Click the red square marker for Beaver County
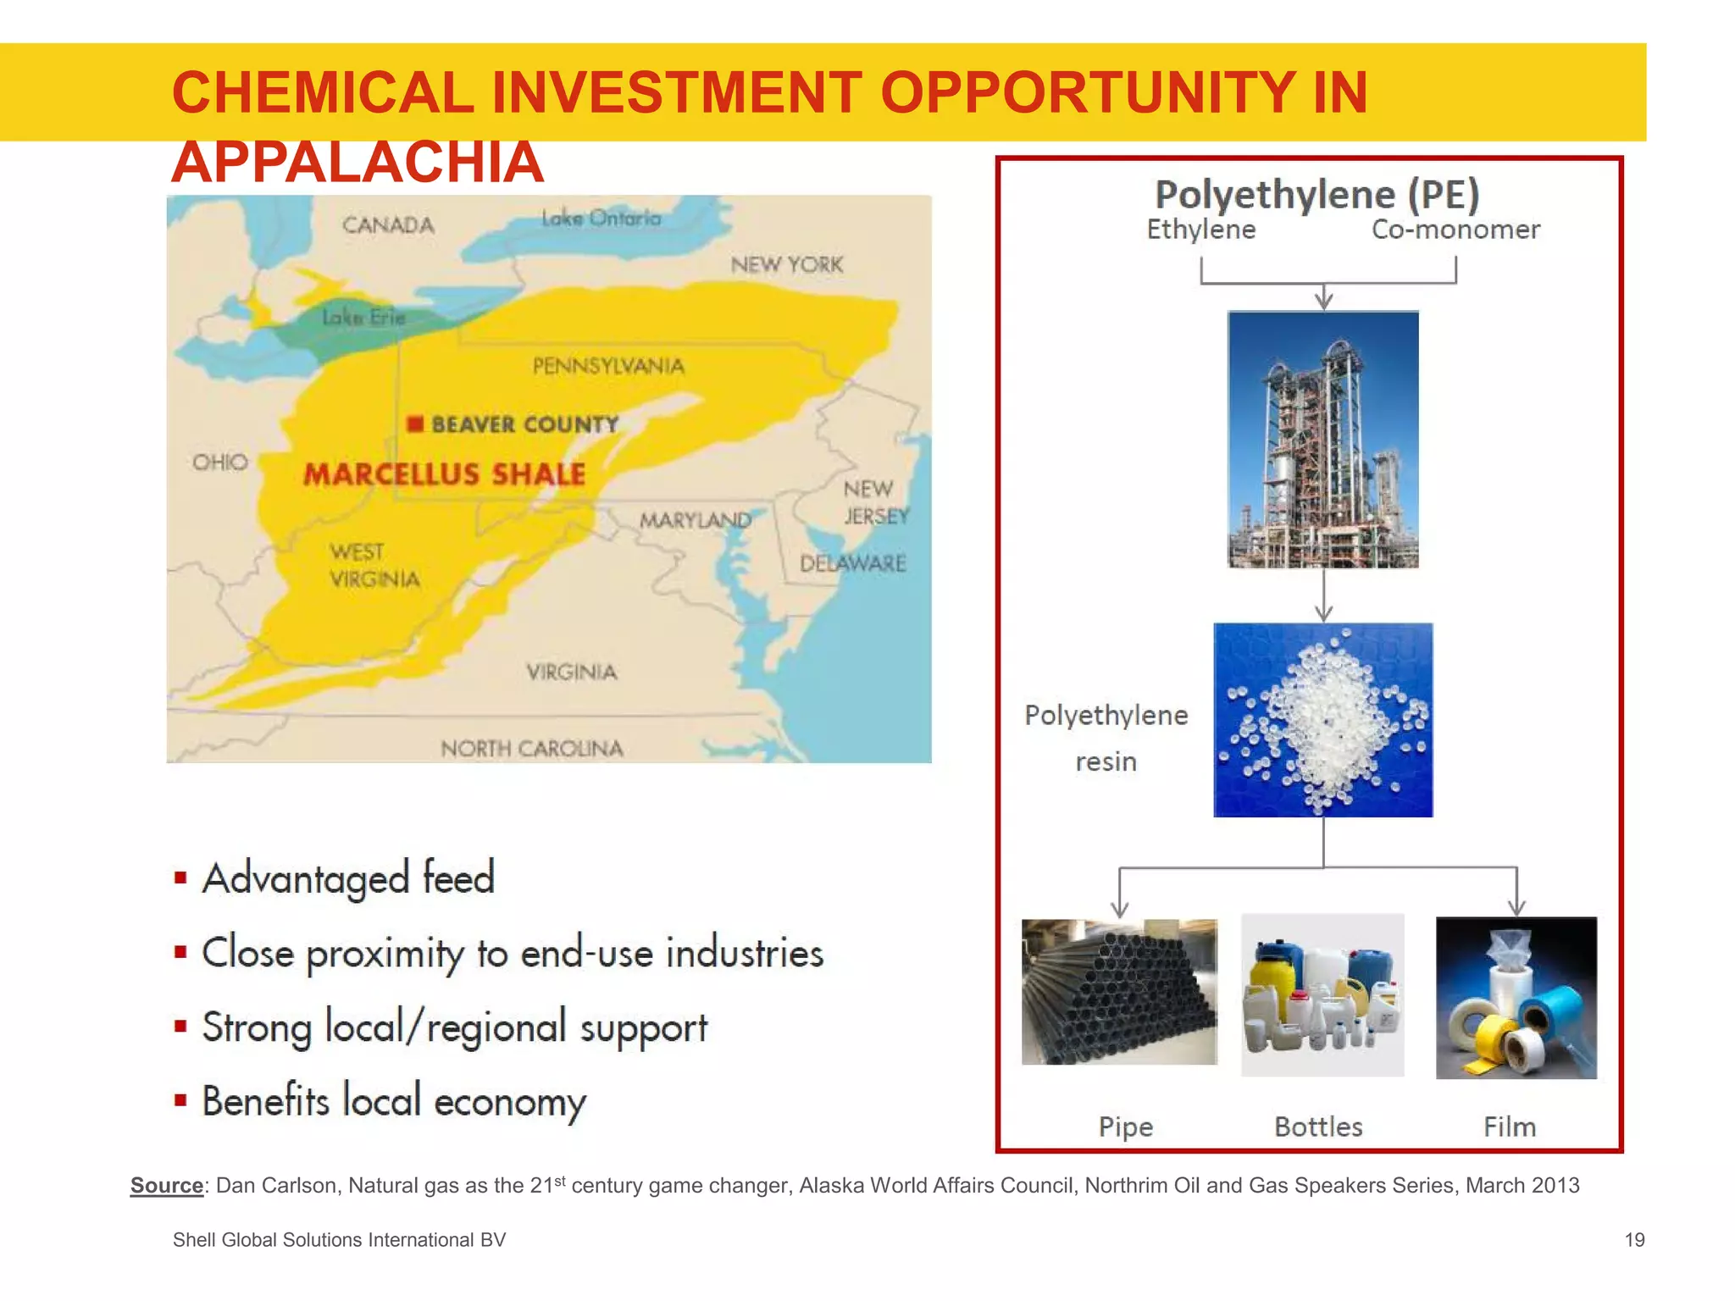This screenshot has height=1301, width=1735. (414, 424)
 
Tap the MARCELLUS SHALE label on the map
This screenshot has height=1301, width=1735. (444, 474)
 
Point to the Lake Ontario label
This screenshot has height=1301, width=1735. (601, 219)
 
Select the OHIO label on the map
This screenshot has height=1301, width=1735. (220, 462)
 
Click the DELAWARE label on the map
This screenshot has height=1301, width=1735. (852, 563)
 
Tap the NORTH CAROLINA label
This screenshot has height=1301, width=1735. (532, 749)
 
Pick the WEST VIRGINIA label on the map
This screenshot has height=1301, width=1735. (374, 566)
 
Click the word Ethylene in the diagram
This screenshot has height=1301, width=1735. (1200, 230)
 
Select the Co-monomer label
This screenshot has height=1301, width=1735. (1455, 230)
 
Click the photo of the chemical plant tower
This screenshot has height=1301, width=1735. (1322, 439)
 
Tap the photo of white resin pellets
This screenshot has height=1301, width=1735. (1322, 720)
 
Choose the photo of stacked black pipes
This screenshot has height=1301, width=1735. (1118, 992)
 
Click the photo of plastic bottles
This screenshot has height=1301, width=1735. (1322, 995)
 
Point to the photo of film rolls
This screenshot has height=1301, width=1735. (1516, 998)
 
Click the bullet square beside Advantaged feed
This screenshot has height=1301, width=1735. (180, 877)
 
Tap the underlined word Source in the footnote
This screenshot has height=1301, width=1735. (167, 1186)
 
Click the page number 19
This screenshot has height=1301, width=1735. (1634, 1240)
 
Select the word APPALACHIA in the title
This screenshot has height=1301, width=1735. (357, 163)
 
